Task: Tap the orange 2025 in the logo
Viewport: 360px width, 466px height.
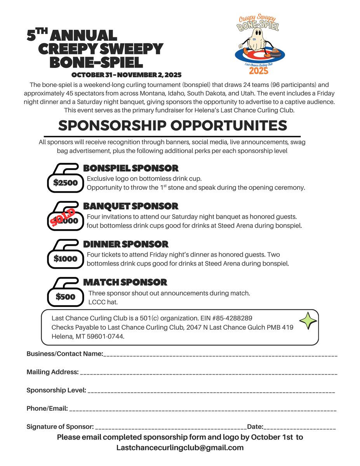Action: pyautogui.click(x=259, y=71)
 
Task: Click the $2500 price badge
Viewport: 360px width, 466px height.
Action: pyautogui.click(x=65, y=183)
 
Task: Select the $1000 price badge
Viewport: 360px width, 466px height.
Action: pyautogui.click(x=65, y=259)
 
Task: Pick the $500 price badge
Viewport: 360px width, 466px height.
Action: pyautogui.click(x=65, y=297)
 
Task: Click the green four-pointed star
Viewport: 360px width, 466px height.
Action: pyautogui.click(x=308, y=321)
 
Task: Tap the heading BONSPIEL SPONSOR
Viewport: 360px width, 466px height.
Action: pyautogui.click(x=131, y=168)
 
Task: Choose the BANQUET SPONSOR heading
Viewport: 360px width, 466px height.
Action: pyautogui.click(x=131, y=206)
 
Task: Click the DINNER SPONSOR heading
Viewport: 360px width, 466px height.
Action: pyautogui.click(x=126, y=244)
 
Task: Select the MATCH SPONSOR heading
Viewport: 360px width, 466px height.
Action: pyautogui.click(x=125, y=282)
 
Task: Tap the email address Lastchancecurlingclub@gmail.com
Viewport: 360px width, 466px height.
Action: pyautogui.click(x=180, y=448)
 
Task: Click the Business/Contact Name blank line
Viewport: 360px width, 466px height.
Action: pyautogui.click(x=220, y=355)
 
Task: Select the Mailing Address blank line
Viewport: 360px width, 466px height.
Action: pyautogui.click(x=208, y=373)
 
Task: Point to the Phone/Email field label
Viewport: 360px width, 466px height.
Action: pyautogui.click(x=47, y=409)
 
